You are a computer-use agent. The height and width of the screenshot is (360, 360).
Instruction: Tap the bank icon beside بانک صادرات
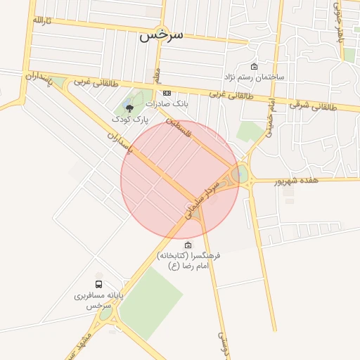[x=167, y=93]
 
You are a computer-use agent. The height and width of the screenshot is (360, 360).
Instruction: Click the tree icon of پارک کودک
[x=128, y=108]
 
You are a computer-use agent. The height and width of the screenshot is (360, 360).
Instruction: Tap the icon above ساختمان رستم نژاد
[x=254, y=66]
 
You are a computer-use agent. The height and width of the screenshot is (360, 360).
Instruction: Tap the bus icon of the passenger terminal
[x=98, y=285]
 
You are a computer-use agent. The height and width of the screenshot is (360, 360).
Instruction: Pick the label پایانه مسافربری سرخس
[x=99, y=301]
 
